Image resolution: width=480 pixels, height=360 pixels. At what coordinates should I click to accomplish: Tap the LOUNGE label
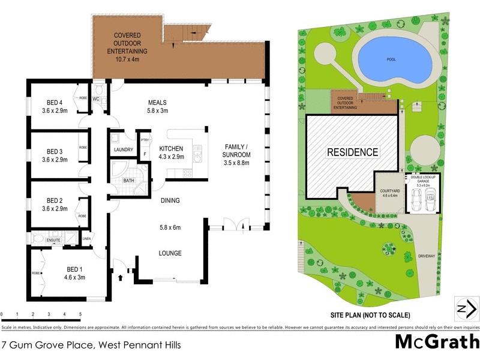click(x=170, y=253)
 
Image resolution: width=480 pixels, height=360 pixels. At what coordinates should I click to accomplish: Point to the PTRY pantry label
click(x=144, y=140)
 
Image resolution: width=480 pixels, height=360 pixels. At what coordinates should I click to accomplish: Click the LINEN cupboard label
click(x=86, y=239)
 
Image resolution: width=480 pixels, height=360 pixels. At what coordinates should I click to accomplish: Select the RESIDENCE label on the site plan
click(x=352, y=152)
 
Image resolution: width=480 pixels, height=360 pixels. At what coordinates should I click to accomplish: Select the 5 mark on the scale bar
click(x=80, y=314)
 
